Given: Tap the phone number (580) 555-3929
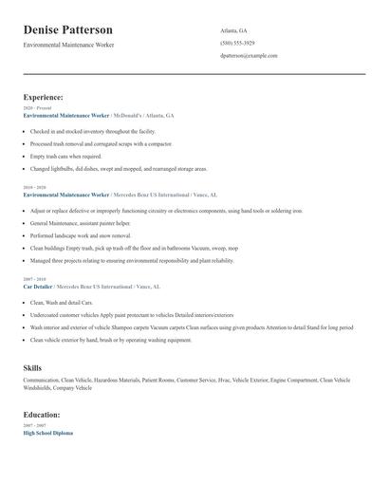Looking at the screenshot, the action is [x=237, y=43].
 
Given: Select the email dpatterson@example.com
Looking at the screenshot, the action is [x=249, y=56].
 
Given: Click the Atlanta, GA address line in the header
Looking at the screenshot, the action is [x=233, y=30].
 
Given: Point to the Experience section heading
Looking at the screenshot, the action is [x=44, y=97].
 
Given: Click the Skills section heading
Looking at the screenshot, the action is [x=32, y=366].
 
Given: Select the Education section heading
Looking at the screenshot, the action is [x=43, y=415].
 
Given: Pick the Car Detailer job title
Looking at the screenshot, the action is [x=38, y=286].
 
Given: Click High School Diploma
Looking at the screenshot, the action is [x=47, y=433].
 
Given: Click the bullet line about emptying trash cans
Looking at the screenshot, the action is [x=65, y=157].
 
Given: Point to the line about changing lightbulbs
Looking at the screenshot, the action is [x=118, y=169].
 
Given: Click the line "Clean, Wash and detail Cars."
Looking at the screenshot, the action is [x=62, y=302].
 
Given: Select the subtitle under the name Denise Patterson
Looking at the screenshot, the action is [x=68, y=45].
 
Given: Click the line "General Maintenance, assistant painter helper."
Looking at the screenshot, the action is [x=80, y=223].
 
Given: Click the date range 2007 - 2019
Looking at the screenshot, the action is [x=33, y=279].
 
